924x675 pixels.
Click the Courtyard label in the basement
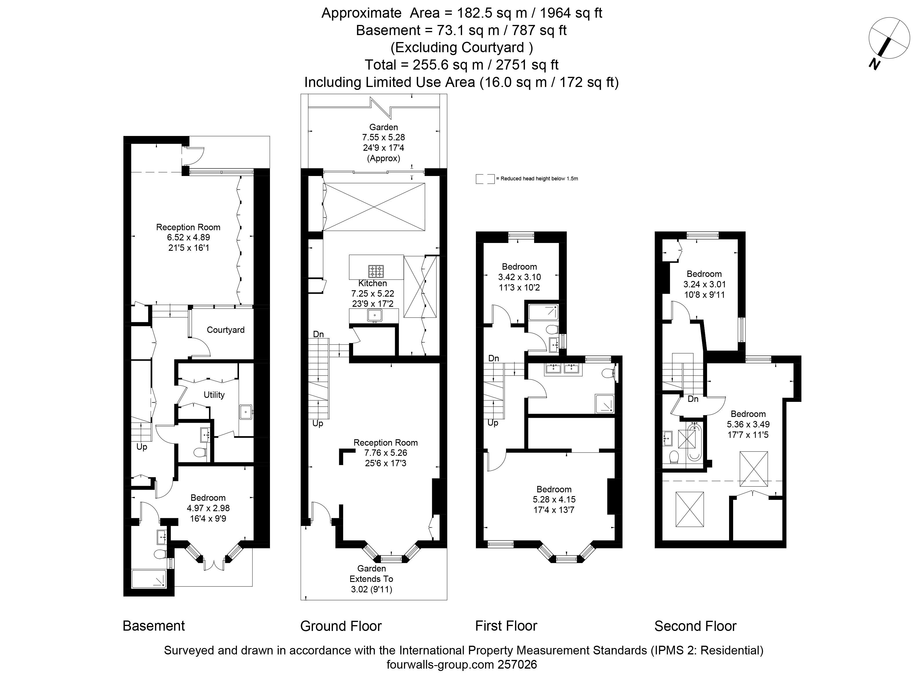coord(225,330)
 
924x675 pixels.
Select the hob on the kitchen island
coord(376,271)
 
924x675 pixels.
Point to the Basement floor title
coord(154,625)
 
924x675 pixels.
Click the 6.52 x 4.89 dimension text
coord(188,237)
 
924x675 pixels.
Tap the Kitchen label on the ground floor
coord(372,283)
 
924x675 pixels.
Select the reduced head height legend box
coord(485,179)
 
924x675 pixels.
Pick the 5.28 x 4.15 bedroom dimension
coord(554,499)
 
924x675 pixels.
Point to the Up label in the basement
coord(142,447)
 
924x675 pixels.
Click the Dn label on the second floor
coord(693,399)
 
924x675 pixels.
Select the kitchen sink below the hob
coord(374,315)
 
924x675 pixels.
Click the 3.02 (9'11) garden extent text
coord(371,589)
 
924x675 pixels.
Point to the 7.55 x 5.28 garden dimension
coord(383,137)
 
